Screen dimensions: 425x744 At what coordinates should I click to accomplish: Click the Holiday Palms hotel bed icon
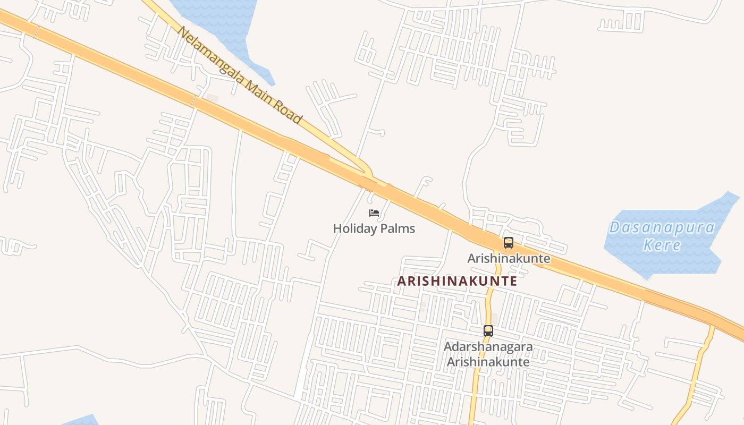pyautogui.click(x=374, y=213)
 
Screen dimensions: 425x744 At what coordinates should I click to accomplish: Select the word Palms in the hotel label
pyautogui.click(x=396, y=229)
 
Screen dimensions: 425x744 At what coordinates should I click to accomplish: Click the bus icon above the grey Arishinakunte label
pyautogui.click(x=509, y=243)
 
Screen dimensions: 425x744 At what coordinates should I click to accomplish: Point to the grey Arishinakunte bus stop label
pyautogui.click(x=509, y=259)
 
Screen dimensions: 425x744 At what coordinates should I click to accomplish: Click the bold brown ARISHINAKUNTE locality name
pyautogui.click(x=457, y=281)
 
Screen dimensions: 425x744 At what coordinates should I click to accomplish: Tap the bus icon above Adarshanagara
pyautogui.click(x=488, y=330)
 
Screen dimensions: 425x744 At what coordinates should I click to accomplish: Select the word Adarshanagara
pyautogui.click(x=488, y=347)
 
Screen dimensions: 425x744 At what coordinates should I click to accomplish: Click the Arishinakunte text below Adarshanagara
pyautogui.click(x=488, y=362)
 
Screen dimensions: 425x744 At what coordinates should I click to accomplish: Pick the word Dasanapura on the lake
pyautogui.click(x=662, y=228)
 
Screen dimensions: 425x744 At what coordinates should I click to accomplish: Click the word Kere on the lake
pyautogui.click(x=662, y=245)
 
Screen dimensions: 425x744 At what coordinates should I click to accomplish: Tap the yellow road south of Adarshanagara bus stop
pyautogui.click(x=474, y=393)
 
